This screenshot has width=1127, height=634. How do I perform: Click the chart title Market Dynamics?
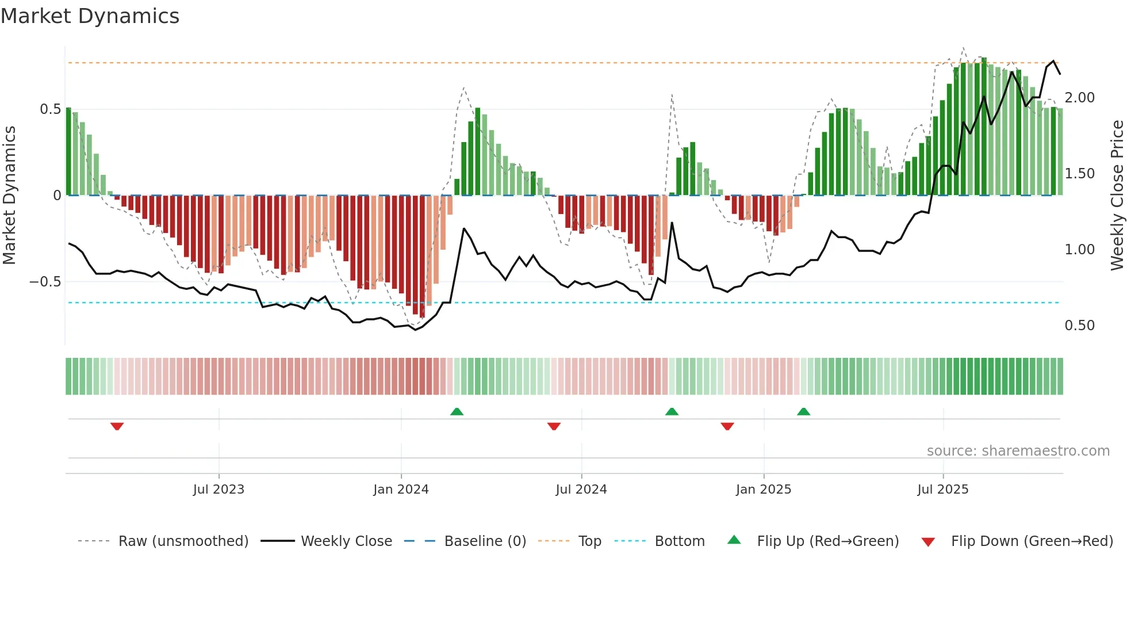[90, 16]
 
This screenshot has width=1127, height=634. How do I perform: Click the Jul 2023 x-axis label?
[218, 490]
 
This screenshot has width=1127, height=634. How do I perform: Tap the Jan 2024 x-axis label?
[401, 490]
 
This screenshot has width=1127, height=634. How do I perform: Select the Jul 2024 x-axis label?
[581, 490]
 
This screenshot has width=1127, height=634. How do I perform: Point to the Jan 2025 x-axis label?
[764, 490]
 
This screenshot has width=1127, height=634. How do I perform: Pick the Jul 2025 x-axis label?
[943, 490]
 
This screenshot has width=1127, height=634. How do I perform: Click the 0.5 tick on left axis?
[51, 109]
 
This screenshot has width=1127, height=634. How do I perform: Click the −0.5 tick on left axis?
[45, 282]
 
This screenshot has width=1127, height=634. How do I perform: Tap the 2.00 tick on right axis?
[1079, 98]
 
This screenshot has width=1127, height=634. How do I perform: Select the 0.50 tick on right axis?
[1079, 326]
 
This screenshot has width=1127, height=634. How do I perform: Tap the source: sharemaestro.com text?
[1018, 451]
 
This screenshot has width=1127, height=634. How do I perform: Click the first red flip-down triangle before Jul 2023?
[117, 426]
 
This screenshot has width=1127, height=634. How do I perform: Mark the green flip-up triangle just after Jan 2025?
[803, 411]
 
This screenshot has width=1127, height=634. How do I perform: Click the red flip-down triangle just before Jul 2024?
[554, 426]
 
